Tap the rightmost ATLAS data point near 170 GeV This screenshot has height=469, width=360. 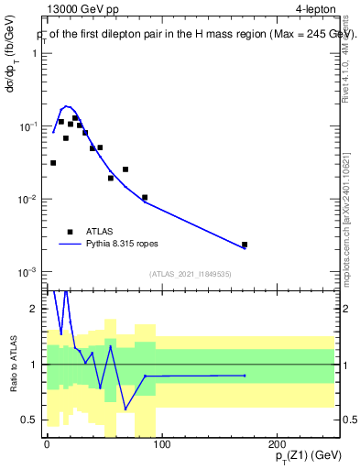pos(245,245)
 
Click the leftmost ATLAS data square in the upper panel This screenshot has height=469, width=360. pos(53,163)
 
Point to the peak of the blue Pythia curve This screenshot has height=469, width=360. pos(66,106)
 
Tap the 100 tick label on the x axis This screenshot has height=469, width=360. pos(161,445)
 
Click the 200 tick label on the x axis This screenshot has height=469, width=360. pos(277,445)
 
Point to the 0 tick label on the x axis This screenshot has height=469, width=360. pos(47,445)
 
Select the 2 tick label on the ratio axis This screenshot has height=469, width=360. pos(34,309)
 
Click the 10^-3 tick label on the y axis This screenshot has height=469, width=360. pos(27,272)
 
